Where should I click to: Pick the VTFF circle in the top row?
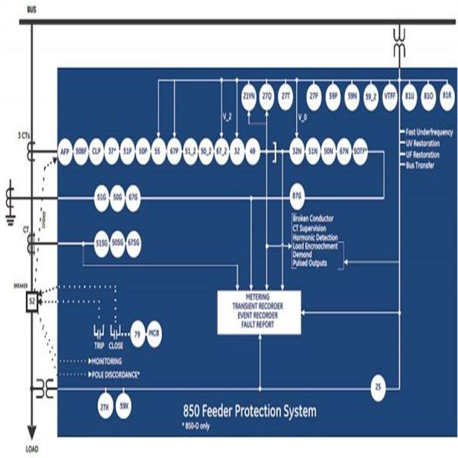pos(390,97)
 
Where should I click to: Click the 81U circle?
pos(409,97)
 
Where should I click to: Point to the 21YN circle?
pos(249,97)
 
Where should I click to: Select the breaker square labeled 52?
pos(32,301)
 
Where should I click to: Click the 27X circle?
pos(104,406)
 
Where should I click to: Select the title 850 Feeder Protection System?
pos(250,410)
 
